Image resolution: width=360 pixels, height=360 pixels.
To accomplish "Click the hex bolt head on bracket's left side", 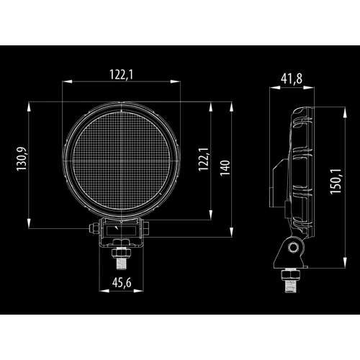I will tap(92, 229).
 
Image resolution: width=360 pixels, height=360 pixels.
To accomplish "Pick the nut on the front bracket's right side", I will tap(148, 229).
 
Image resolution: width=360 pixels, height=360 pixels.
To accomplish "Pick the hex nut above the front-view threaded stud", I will tap(120, 253).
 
